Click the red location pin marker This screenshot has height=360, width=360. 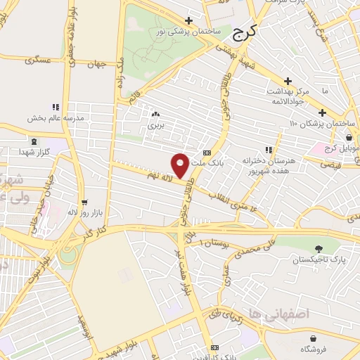[181, 165]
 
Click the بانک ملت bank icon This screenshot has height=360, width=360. [206, 153]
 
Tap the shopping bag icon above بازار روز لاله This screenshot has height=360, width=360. [84, 202]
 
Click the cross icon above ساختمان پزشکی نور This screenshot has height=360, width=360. [188, 21]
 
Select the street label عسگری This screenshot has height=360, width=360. [39, 60]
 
